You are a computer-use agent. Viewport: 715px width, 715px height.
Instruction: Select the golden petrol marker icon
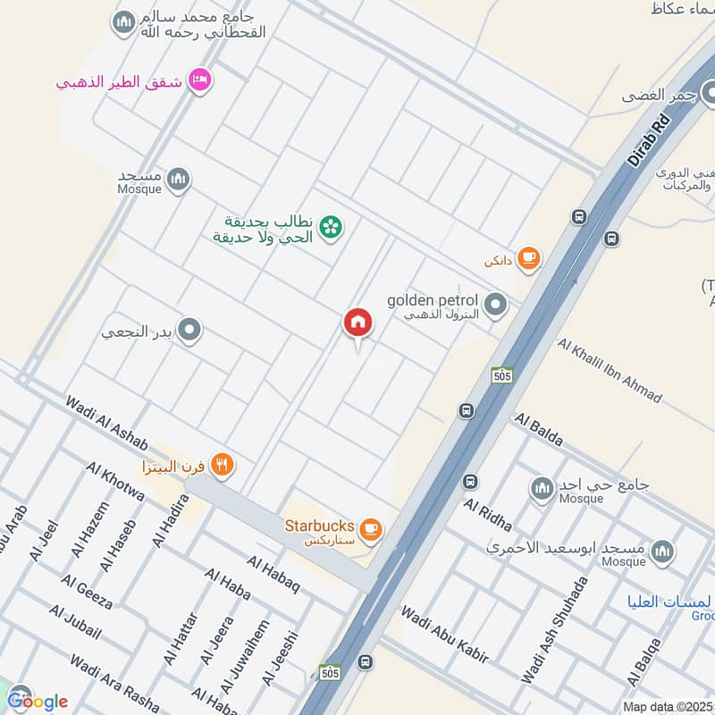496,307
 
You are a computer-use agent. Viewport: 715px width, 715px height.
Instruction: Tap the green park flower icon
332,228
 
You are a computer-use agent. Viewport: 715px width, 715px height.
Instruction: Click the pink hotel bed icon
199,79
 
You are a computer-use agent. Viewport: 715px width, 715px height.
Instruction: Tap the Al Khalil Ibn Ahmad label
610,369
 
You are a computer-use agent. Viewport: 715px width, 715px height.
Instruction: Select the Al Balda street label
538,430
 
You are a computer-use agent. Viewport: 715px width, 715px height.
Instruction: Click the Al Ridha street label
487,514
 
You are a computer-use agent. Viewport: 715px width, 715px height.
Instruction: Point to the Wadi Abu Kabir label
445,634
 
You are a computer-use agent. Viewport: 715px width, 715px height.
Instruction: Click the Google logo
36,700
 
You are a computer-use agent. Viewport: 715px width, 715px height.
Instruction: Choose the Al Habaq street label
273,573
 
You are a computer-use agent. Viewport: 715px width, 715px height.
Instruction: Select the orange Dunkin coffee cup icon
529,258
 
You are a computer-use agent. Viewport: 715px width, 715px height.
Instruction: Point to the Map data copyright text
668,706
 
